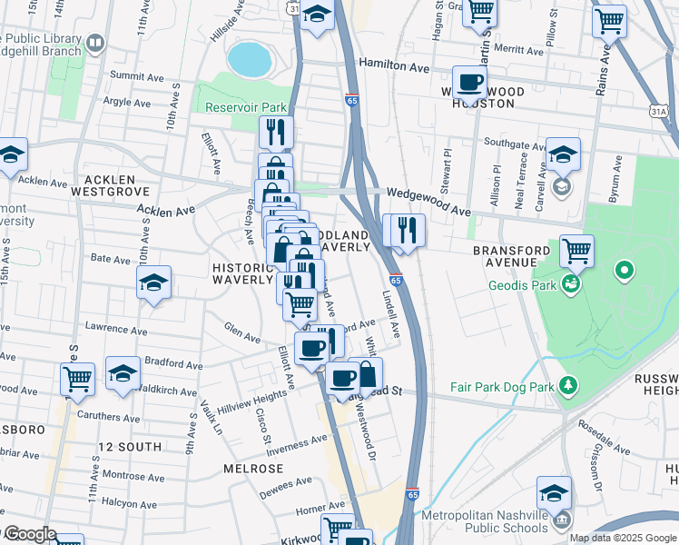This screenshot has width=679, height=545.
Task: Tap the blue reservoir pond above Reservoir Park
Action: (x=250, y=59)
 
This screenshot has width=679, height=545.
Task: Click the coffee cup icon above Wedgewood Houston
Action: (x=469, y=83)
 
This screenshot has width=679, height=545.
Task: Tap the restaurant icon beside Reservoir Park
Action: (x=276, y=132)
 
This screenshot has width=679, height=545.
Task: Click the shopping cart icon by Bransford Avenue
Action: (x=576, y=250)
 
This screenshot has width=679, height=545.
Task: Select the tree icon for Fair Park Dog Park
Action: (x=568, y=387)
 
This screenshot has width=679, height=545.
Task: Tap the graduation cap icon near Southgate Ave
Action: (x=563, y=155)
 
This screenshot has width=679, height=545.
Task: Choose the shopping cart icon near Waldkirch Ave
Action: (x=78, y=378)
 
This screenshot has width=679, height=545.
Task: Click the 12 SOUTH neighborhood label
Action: (x=130, y=447)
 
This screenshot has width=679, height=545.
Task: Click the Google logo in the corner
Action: (x=29, y=534)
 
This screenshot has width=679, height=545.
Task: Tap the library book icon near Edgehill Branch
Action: (x=93, y=43)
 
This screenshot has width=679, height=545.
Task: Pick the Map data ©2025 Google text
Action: (x=623, y=538)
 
